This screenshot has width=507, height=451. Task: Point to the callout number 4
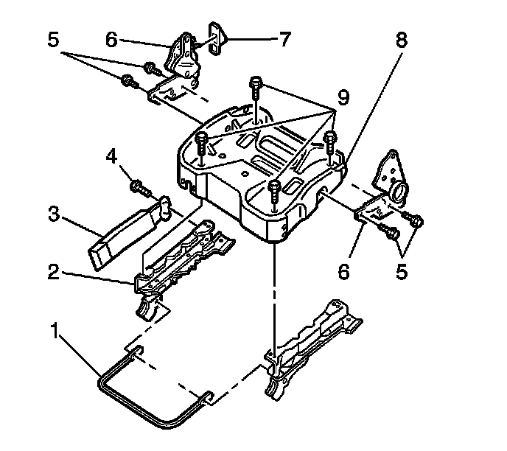113,157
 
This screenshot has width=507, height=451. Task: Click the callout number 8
401,42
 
